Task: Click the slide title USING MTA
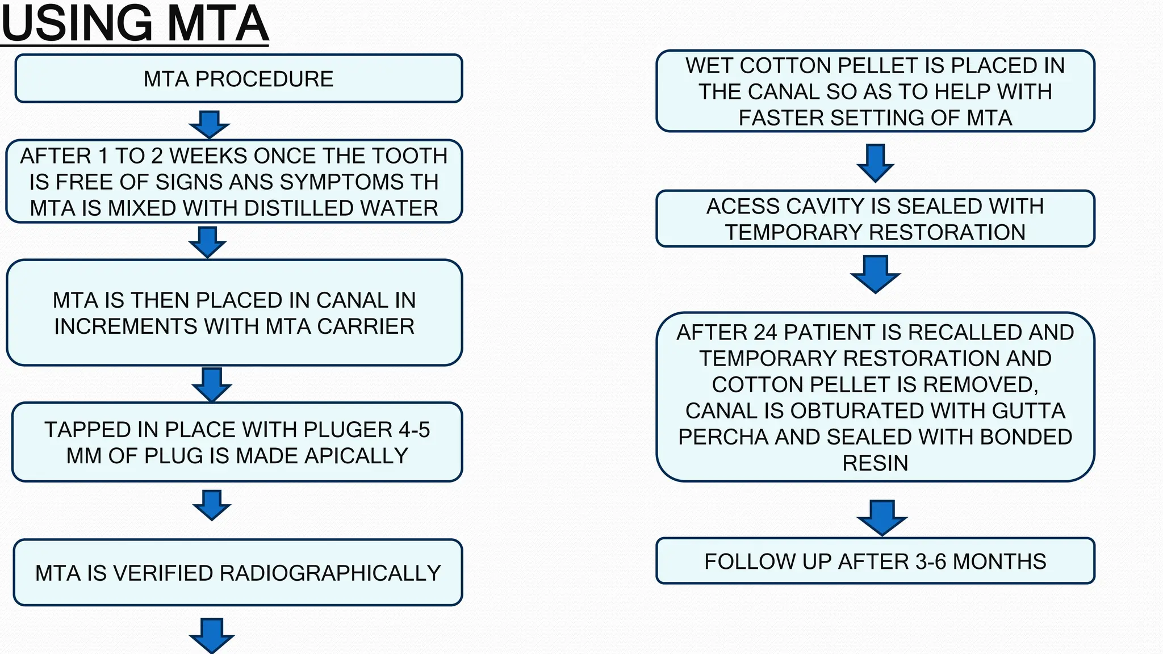click(135, 24)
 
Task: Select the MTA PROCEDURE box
click(239, 78)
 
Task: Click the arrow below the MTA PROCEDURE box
click(210, 124)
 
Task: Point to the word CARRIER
click(366, 326)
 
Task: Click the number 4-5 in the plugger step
click(414, 430)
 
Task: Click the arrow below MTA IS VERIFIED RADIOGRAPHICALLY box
click(212, 635)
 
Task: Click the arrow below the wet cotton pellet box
click(876, 163)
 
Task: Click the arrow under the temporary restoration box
click(876, 274)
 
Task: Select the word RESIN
click(875, 463)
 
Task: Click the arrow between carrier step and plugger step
click(212, 384)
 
